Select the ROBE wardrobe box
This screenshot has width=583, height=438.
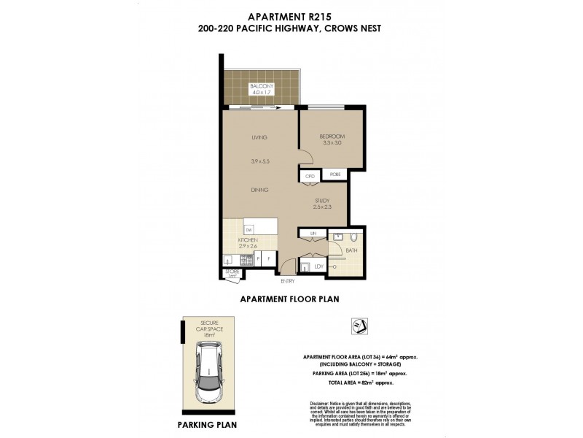(x=334, y=175)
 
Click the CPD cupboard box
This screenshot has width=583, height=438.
(x=309, y=176)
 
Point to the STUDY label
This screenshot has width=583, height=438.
(x=323, y=200)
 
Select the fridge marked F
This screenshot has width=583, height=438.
(x=269, y=258)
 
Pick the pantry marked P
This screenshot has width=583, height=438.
(x=258, y=258)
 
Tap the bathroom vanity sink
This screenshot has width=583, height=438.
(x=338, y=237)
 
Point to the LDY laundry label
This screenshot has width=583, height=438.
(x=318, y=267)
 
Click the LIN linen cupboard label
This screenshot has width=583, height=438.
(x=313, y=233)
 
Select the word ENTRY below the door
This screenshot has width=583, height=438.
(x=287, y=281)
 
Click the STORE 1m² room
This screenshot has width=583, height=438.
(x=232, y=274)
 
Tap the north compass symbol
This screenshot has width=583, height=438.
(x=359, y=326)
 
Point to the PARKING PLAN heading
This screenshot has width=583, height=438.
(x=207, y=423)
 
